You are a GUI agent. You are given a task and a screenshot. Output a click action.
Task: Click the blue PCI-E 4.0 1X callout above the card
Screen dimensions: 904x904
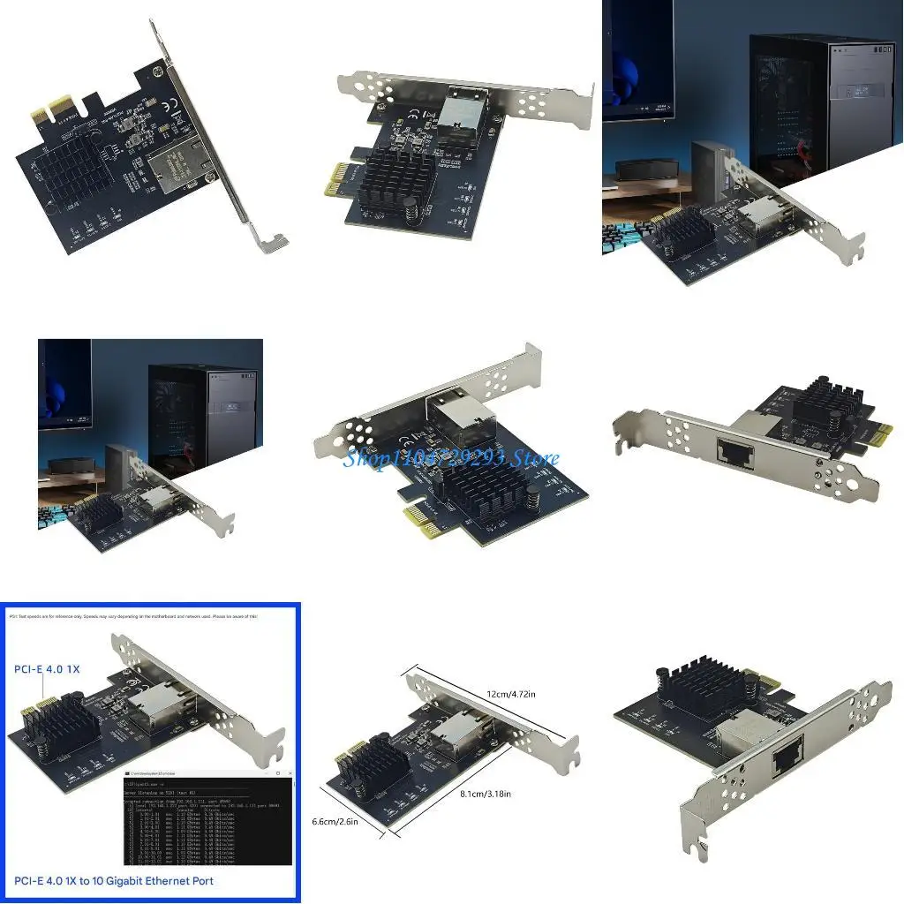[46, 669]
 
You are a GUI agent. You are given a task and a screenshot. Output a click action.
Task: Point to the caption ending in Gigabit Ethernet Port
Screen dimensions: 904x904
[112, 880]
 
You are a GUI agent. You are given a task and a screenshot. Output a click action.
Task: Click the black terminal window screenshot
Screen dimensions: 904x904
[207, 821]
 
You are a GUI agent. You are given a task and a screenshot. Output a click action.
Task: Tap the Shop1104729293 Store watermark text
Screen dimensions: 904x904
[450, 458]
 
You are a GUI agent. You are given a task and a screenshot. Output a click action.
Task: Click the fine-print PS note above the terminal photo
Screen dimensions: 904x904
[132, 616]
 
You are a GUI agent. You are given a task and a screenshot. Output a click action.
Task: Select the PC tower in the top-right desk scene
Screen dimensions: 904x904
[823, 102]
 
